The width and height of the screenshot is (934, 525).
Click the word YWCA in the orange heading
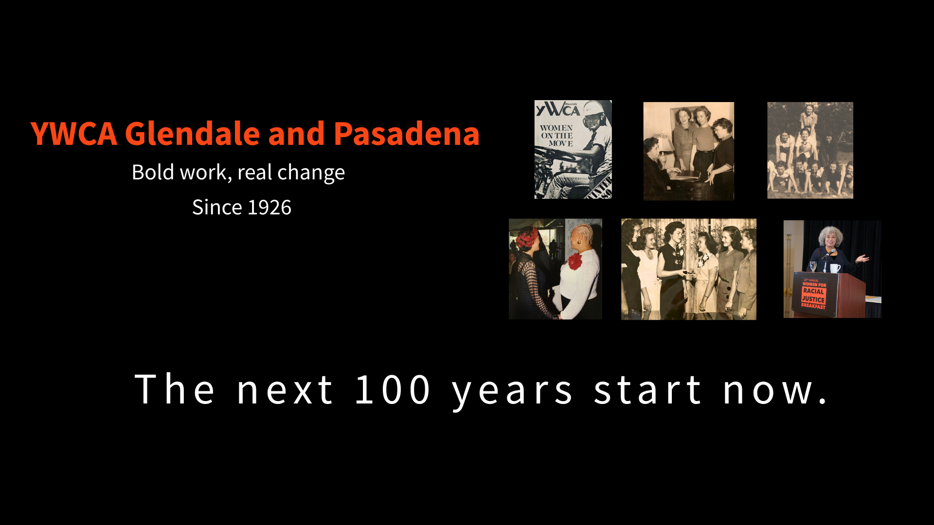click(73, 134)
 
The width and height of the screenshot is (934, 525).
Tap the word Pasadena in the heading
click(407, 134)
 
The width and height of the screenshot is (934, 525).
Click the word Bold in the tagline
click(152, 173)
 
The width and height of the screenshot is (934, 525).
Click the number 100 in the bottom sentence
click(392, 390)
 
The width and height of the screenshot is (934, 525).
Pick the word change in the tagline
click(311, 173)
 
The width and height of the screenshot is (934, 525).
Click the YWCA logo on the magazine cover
click(557, 110)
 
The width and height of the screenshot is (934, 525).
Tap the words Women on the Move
click(557, 136)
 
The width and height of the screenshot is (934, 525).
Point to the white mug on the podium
click(834, 268)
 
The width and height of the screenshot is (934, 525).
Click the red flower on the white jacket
click(575, 261)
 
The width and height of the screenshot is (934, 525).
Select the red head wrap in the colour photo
click(527, 238)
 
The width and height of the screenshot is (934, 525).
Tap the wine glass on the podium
click(813, 266)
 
